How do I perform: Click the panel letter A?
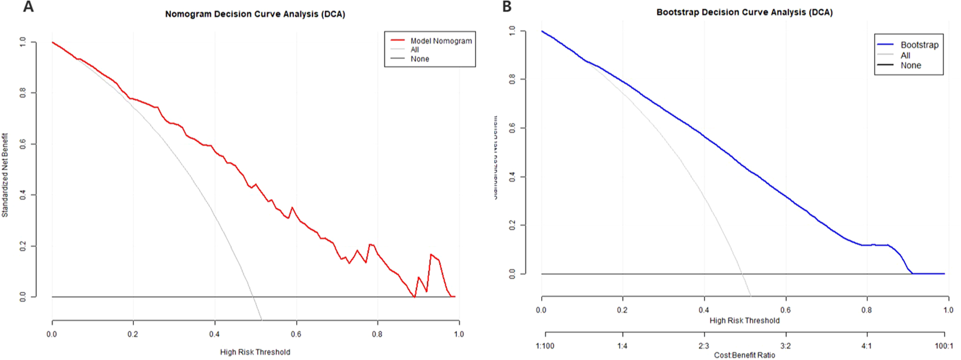point(28,7)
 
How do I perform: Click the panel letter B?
point(507,7)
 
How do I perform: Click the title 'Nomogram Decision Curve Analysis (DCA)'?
point(255,14)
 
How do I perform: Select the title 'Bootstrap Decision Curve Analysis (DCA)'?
point(744,12)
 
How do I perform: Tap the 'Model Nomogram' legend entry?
point(440,41)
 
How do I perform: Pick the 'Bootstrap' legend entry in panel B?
point(919,45)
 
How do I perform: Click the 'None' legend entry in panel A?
point(419,59)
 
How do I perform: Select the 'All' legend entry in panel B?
point(905,55)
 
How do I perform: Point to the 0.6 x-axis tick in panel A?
point(296,334)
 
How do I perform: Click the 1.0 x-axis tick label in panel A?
point(458,334)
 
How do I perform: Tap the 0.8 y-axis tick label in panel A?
point(23,93)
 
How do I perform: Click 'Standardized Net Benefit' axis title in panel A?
point(5,175)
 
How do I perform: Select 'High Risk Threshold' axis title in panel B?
point(744,320)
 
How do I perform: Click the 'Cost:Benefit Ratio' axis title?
point(744,355)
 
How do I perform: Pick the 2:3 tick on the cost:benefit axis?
point(703,346)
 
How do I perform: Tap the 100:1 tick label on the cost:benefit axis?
point(944,346)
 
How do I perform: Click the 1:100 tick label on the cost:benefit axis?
point(545,346)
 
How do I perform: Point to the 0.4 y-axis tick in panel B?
point(512,177)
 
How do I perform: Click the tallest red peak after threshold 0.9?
point(431,254)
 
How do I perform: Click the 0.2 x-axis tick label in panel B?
point(622,310)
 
